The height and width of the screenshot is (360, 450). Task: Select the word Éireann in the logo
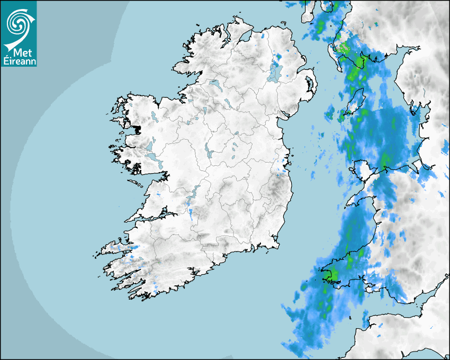[x=19, y=61]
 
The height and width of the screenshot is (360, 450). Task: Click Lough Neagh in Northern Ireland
[x=274, y=71]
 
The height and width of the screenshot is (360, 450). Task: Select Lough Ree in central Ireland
[x=208, y=150]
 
